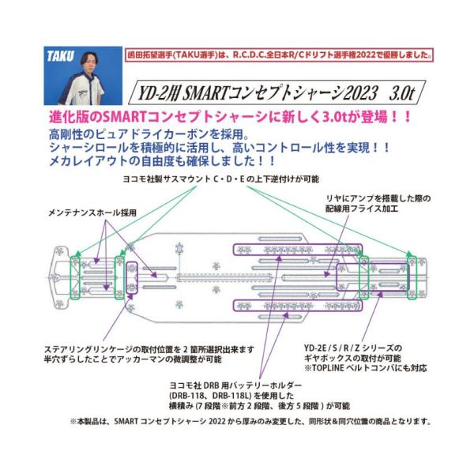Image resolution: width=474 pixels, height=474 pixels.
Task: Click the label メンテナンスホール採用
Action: [x=88, y=213]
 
